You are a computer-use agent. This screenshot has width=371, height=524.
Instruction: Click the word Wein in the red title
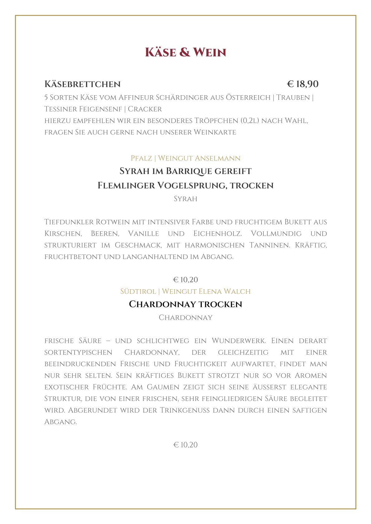210,52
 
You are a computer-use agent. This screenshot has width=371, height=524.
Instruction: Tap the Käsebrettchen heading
82,84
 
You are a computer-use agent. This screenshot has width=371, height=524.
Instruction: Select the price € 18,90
302,84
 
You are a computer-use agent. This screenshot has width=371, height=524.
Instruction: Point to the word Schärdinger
182,97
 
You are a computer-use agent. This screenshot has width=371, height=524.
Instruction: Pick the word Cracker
145,109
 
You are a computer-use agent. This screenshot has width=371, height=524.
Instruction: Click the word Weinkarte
215,132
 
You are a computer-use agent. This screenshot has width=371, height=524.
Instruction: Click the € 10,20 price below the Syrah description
185,280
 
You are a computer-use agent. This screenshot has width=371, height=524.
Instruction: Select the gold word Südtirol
138,291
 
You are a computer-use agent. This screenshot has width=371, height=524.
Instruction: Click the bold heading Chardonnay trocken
185,304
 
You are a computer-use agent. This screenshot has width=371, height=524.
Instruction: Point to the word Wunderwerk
238,341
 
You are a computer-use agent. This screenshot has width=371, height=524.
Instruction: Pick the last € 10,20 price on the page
185,445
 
